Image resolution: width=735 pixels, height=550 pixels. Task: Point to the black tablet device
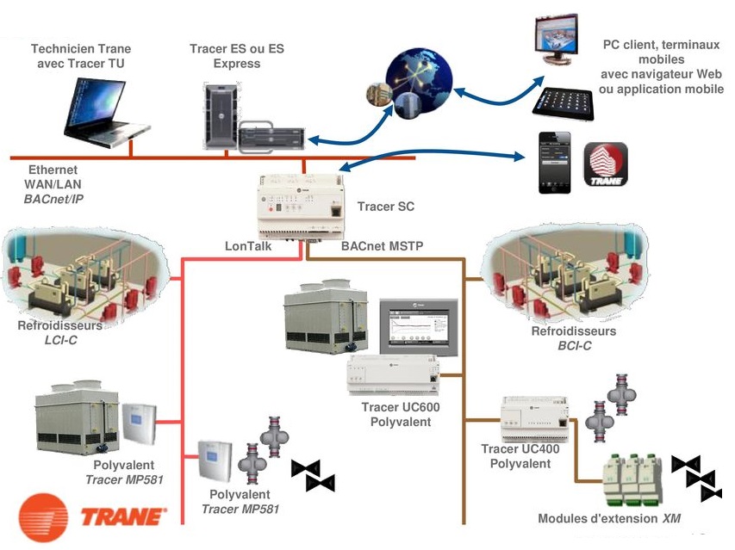[x=564, y=102]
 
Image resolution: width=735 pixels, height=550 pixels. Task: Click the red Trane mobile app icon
[x=606, y=164]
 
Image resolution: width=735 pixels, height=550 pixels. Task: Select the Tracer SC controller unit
[x=302, y=206]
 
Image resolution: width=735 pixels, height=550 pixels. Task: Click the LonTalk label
[x=249, y=246]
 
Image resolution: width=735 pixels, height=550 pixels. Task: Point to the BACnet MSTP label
[x=382, y=246]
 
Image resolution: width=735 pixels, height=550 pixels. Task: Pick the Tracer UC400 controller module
[x=535, y=417]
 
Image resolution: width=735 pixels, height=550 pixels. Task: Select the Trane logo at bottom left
[x=90, y=517]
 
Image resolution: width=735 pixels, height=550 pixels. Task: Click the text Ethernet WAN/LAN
[x=53, y=176]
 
